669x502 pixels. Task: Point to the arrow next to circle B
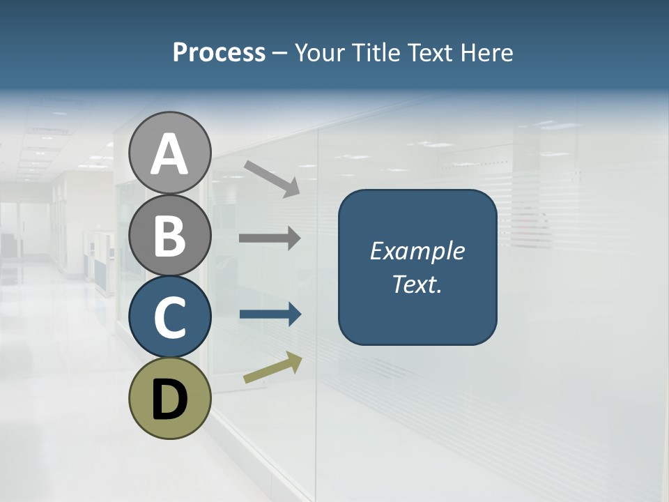(x=270, y=238)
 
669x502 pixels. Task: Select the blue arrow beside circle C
(x=270, y=314)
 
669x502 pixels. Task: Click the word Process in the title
(x=219, y=53)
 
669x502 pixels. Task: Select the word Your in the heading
(x=318, y=53)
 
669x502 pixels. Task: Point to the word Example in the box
(x=417, y=251)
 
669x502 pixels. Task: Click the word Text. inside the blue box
(x=417, y=284)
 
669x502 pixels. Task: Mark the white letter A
(x=170, y=155)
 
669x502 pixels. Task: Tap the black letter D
(x=170, y=401)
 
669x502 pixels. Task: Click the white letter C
(x=170, y=318)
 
